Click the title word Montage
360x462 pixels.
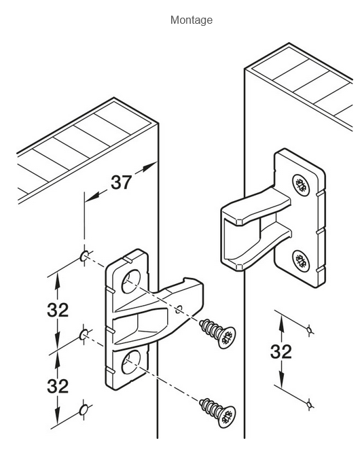[x=191, y=20]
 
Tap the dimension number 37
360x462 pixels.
[x=121, y=182]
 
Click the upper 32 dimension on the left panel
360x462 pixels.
[x=58, y=310]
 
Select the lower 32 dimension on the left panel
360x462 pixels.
[x=58, y=386]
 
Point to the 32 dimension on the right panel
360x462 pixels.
[x=281, y=351]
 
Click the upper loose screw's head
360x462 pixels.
[x=227, y=338]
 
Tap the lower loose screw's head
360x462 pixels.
[x=227, y=416]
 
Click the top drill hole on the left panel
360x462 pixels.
[x=84, y=256]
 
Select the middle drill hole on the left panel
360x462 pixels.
[x=84, y=335]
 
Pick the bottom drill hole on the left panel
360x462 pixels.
[x=84, y=410]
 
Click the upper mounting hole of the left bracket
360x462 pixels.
[x=131, y=281]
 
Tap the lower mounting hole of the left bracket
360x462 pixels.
[x=131, y=362]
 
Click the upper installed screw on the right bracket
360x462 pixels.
[x=301, y=185]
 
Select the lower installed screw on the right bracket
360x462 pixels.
[x=301, y=261]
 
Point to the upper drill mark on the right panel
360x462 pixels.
[x=309, y=330]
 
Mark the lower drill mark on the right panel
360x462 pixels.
[x=309, y=404]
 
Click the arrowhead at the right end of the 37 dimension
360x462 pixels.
[x=149, y=166]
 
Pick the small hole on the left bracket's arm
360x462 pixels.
[x=179, y=309]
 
